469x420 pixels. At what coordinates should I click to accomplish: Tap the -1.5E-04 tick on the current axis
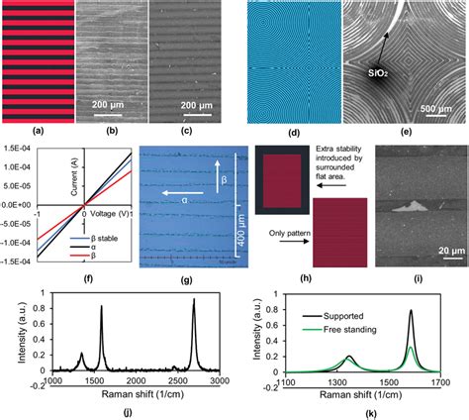(16, 261)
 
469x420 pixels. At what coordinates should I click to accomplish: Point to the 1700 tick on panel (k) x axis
(451, 380)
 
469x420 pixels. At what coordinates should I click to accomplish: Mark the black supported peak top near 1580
(410, 311)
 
